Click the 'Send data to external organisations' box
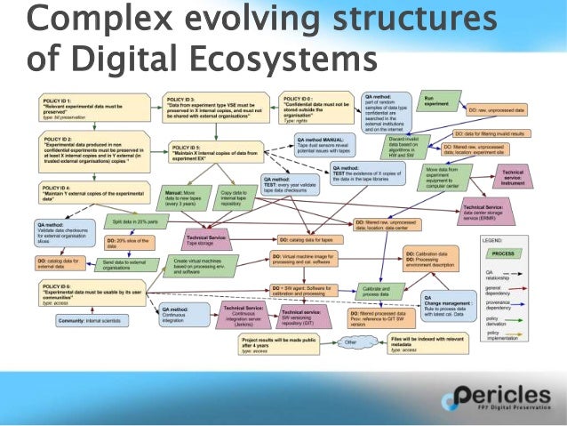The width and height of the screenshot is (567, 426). coord(130,265)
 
